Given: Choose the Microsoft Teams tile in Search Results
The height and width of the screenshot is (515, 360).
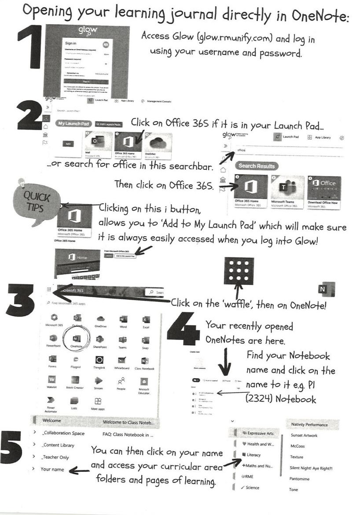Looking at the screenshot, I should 288,190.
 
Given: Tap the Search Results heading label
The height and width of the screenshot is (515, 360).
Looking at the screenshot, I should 257,166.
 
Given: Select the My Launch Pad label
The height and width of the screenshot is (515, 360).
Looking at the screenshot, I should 73,124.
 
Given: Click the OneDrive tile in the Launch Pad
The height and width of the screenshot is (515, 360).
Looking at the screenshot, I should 156,146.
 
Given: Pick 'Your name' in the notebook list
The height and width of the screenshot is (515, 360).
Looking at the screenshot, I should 52,469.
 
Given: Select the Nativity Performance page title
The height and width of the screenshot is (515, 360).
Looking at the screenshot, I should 309,424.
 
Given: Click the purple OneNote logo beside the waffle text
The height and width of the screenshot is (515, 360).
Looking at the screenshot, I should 325,290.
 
